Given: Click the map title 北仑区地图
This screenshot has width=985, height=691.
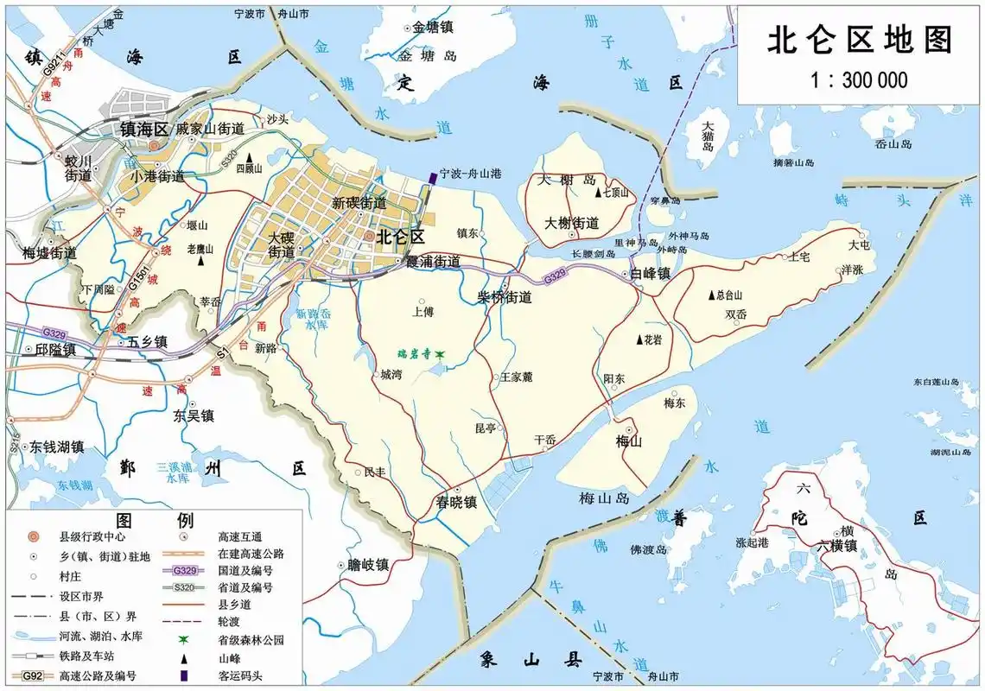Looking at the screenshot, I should tap(860, 40).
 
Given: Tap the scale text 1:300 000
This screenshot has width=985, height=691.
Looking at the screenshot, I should tap(860, 80).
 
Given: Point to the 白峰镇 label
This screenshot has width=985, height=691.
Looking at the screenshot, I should tap(651, 274).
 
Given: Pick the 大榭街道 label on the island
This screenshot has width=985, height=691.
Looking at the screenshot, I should tap(572, 222).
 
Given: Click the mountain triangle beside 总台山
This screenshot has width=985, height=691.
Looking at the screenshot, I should tap(712, 295).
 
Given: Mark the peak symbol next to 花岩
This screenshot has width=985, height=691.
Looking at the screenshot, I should tap(639, 339).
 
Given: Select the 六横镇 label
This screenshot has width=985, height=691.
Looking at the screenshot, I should tap(837, 546).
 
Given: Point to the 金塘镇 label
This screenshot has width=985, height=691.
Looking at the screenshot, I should tap(433, 27).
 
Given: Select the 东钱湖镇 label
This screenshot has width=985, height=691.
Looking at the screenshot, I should tap(57, 447).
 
